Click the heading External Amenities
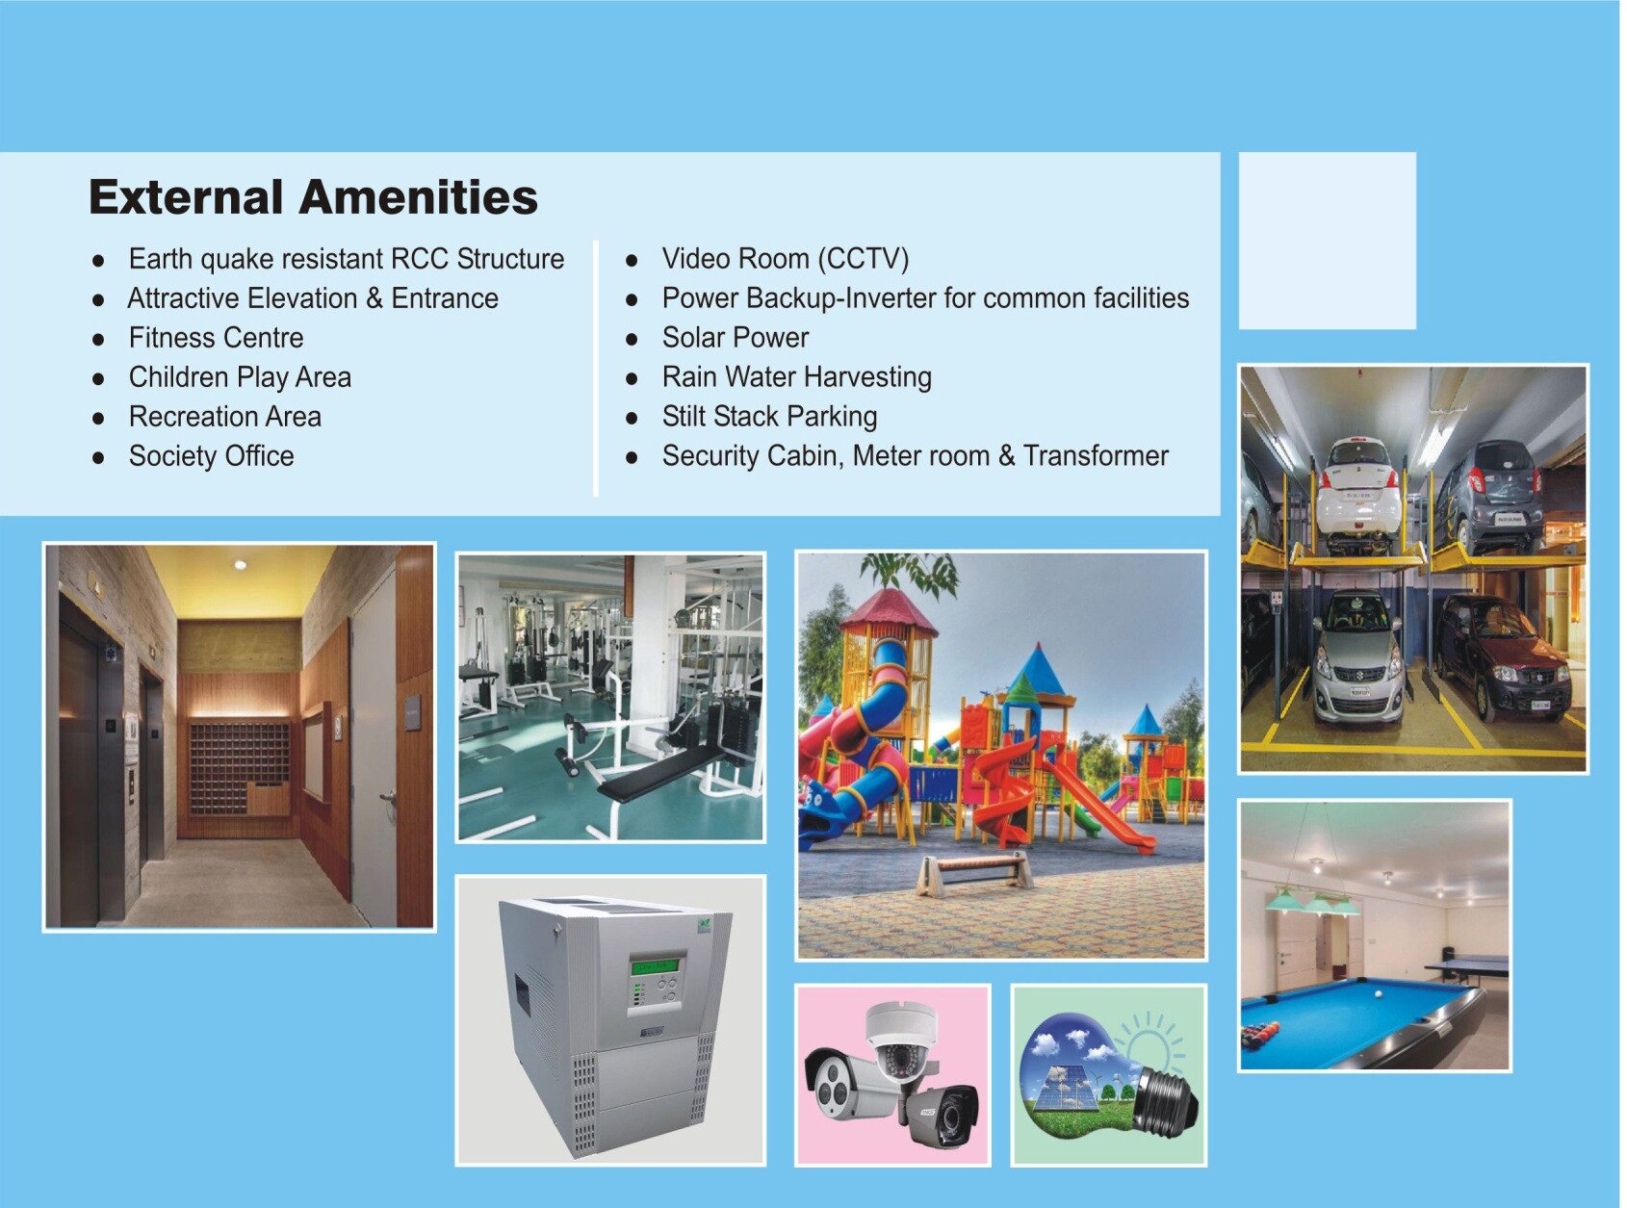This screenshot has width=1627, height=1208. click(313, 197)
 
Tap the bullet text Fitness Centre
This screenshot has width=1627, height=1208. click(216, 338)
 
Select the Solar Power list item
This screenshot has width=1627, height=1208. click(735, 338)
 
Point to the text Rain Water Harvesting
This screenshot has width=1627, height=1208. click(796, 377)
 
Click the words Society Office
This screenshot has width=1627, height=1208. click(211, 456)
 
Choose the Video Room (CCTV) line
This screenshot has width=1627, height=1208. click(785, 259)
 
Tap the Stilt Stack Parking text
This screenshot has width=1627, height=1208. click(769, 417)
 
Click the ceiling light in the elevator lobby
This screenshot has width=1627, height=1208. click(241, 564)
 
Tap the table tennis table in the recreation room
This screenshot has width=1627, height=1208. click(1468, 965)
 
